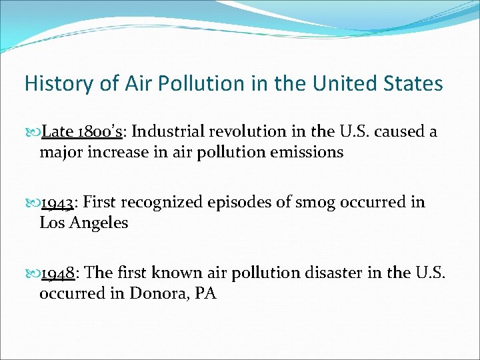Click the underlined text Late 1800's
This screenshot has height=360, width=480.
81,131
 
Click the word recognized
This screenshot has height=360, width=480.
163,202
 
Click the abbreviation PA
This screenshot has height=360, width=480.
205,293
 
